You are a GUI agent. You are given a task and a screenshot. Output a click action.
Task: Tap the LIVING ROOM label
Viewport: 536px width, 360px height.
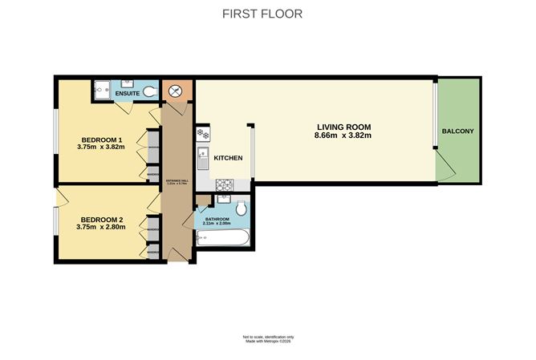343,127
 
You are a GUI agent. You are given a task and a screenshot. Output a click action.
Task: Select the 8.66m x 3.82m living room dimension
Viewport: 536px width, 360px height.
343,136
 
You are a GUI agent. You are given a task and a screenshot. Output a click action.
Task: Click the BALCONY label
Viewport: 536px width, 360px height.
458,132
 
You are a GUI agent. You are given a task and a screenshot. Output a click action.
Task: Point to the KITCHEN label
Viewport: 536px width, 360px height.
228,158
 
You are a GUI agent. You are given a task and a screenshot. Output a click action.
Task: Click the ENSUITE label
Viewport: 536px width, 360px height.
128,94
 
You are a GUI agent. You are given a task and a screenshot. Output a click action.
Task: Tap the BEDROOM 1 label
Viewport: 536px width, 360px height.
101,137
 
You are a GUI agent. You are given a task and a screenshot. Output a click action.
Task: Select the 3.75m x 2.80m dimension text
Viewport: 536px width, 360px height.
101,228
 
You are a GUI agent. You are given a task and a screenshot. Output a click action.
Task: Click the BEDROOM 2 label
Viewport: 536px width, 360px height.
101,219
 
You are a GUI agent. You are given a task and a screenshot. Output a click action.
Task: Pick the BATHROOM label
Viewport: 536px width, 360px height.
217,219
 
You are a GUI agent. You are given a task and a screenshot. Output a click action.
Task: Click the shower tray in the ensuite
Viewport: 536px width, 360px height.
102,89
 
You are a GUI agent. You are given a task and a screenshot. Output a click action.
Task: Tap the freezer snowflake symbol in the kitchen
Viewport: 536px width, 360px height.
203,133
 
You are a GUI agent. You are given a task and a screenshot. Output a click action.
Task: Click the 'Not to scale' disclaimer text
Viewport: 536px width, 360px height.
268,336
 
